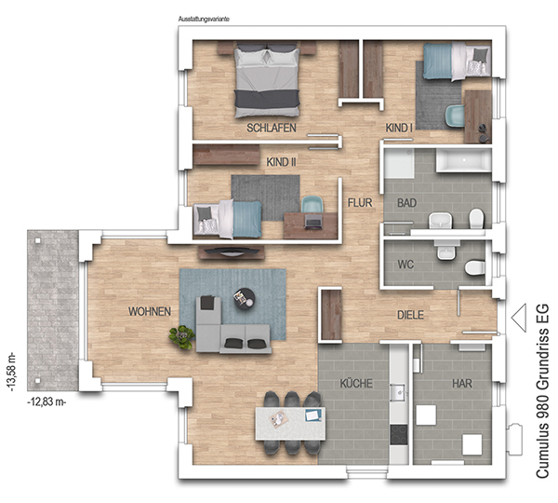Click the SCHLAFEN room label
[x=272, y=128]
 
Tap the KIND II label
[x=281, y=162]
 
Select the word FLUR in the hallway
[x=360, y=203]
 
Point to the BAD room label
[x=406, y=203]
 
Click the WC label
[x=405, y=265]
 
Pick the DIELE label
[x=410, y=315]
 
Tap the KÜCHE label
[x=356, y=383]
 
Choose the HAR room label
[x=462, y=383]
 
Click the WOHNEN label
[x=150, y=311]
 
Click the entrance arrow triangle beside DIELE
[x=520, y=318]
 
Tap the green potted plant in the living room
[x=182, y=337]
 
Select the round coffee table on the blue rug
[x=245, y=299]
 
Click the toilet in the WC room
[x=474, y=267]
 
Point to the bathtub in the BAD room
[x=464, y=160]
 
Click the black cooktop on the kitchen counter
[x=399, y=435]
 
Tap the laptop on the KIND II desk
[x=313, y=222]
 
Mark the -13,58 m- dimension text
[x=11, y=371]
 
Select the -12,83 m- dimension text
[x=46, y=401]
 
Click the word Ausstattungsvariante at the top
[x=204, y=19]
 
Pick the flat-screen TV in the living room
[x=232, y=251]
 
